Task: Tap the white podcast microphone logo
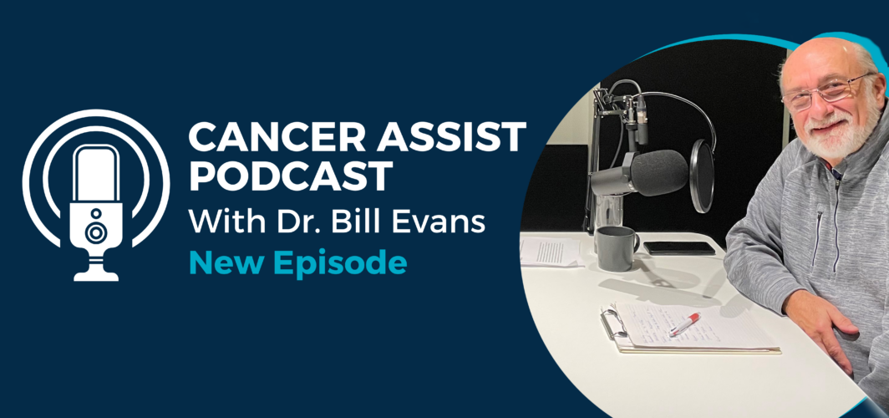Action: (x=96, y=196)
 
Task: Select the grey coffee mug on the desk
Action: (x=617, y=248)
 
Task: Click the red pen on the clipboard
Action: (x=684, y=324)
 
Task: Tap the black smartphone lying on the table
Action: (x=679, y=247)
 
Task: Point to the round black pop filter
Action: (x=702, y=176)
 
